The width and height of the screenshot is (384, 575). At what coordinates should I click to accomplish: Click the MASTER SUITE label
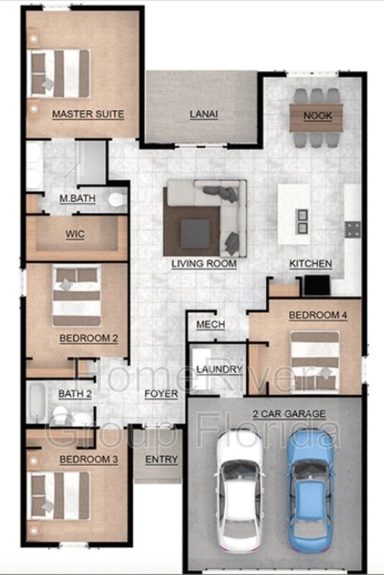pyautogui.click(x=88, y=114)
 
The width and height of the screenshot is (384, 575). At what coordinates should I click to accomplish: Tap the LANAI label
pyautogui.click(x=204, y=114)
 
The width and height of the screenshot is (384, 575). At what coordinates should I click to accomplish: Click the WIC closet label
pyautogui.click(x=75, y=234)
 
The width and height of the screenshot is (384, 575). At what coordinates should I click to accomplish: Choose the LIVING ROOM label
pyautogui.click(x=204, y=264)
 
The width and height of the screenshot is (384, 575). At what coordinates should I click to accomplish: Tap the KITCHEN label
pyautogui.click(x=311, y=264)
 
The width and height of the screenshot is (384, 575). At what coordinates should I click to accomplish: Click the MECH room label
pyautogui.click(x=211, y=325)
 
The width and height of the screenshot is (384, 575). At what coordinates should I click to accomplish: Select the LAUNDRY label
pyautogui.click(x=219, y=369)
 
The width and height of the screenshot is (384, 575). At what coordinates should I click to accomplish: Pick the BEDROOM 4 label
pyautogui.click(x=318, y=316)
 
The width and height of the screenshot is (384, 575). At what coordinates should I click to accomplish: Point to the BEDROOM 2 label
pyautogui.click(x=88, y=338)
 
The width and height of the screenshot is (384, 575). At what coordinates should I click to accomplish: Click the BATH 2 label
pyautogui.click(x=75, y=394)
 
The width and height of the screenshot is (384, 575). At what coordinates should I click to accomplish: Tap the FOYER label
pyautogui.click(x=161, y=394)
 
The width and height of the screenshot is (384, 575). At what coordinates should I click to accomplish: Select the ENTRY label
pyautogui.click(x=161, y=459)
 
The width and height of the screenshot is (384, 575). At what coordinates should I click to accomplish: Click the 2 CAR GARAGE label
pyautogui.click(x=289, y=414)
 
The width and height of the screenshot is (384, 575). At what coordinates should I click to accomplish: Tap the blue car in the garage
pyautogui.click(x=314, y=489)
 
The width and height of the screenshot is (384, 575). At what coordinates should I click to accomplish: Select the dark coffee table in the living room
pyautogui.click(x=195, y=231)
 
